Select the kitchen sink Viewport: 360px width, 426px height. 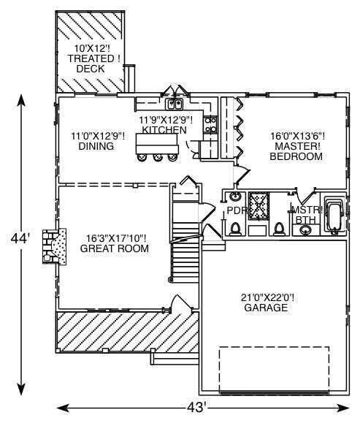pyautogui.click(x=174, y=104)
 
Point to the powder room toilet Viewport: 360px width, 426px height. pyautogui.click(x=235, y=229)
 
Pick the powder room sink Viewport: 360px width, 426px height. pyautogui.click(x=236, y=197)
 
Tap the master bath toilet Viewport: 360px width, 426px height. pyautogui.click(x=279, y=229)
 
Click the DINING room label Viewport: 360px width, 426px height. pyautogui.click(x=96, y=146)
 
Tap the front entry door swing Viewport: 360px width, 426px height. pyautogui.click(x=176, y=301)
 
